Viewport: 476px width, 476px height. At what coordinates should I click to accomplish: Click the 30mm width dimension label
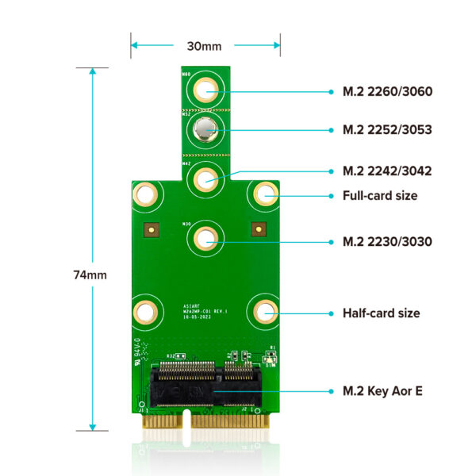(x=205, y=45)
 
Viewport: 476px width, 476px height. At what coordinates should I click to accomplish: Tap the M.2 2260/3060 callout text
(x=387, y=91)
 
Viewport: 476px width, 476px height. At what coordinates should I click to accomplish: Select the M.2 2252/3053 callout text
(x=387, y=129)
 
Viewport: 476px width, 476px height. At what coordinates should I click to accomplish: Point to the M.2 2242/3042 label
(x=387, y=171)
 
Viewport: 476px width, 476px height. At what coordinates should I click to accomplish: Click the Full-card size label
(x=379, y=195)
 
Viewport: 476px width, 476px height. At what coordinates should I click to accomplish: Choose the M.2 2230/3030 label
(x=387, y=240)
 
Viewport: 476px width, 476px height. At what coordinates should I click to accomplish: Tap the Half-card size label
(x=381, y=313)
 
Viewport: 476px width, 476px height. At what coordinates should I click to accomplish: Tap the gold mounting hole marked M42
(x=205, y=178)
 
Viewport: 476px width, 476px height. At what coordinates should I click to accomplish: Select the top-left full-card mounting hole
(x=146, y=194)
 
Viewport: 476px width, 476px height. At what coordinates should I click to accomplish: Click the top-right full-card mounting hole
(x=264, y=194)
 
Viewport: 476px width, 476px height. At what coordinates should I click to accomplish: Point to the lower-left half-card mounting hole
(x=146, y=312)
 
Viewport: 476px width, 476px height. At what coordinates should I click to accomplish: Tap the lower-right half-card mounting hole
(x=264, y=311)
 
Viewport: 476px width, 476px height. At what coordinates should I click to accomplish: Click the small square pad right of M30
(x=256, y=229)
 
